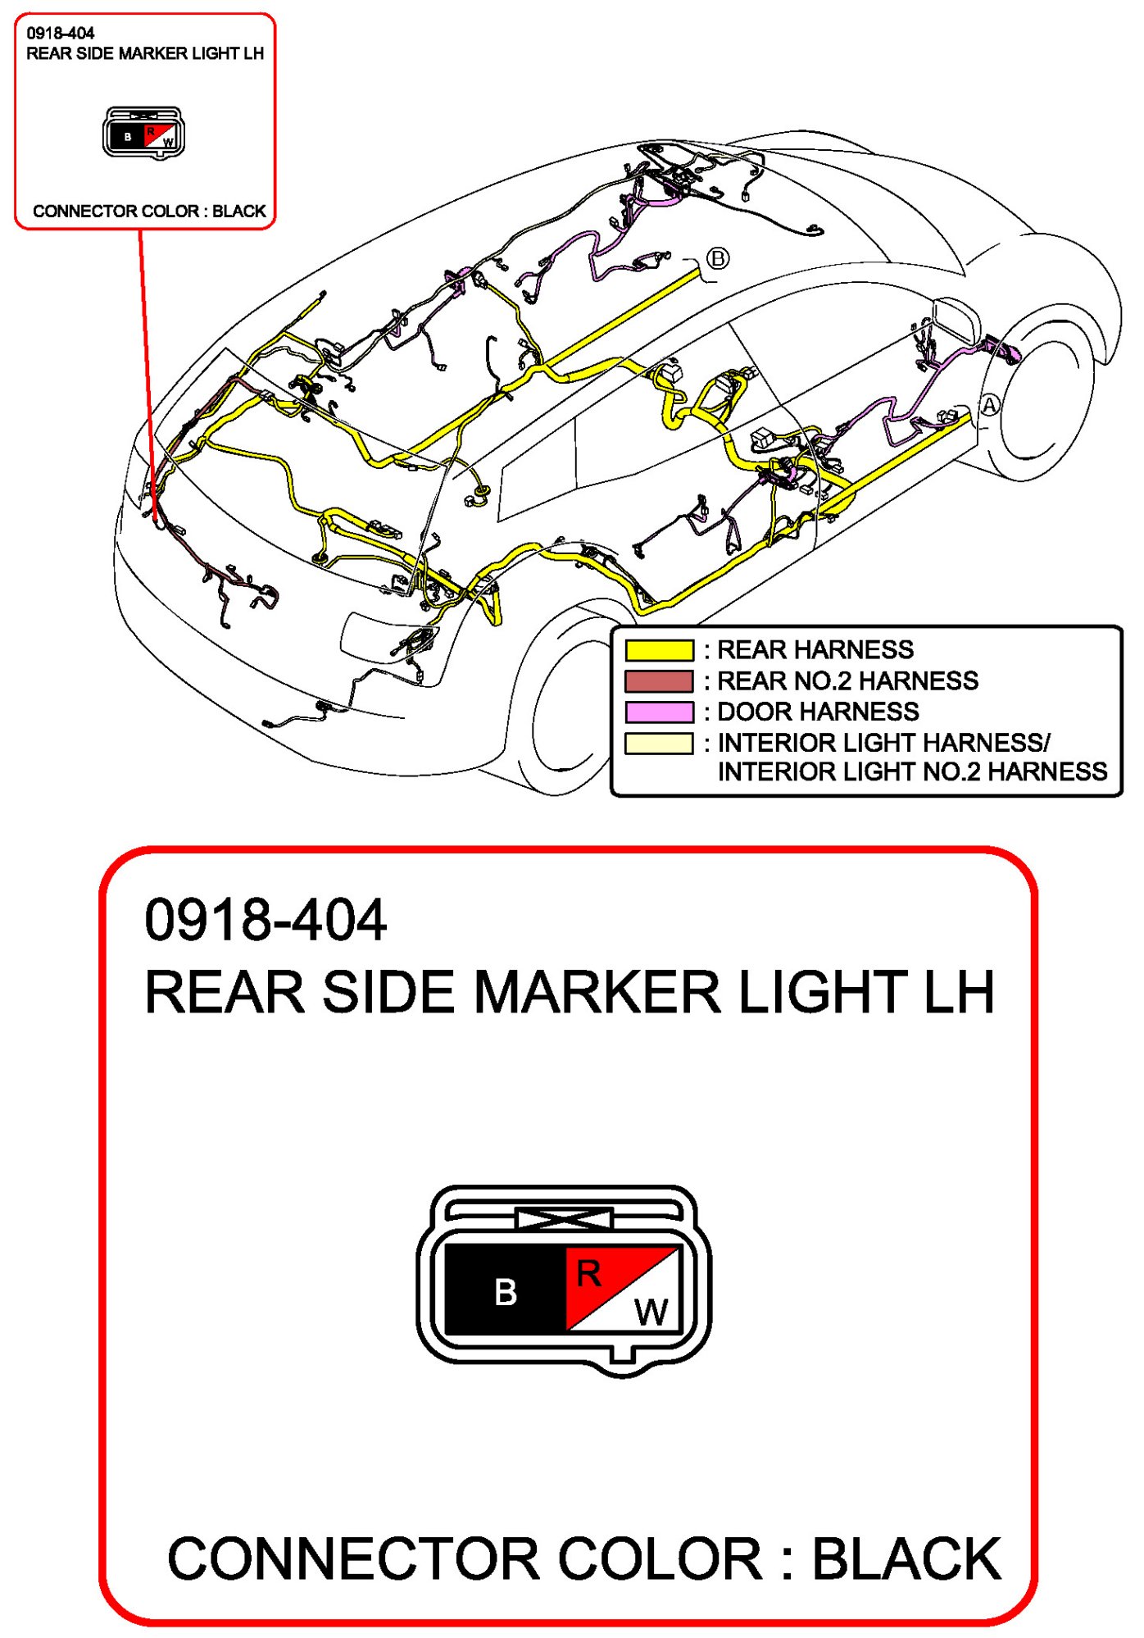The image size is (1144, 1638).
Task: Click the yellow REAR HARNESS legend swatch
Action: pos(659,650)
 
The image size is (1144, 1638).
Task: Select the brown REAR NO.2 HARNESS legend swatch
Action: pos(659,680)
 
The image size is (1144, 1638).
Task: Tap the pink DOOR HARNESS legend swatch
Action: pos(659,712)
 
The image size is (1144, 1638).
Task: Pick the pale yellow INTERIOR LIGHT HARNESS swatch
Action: pos(659,743)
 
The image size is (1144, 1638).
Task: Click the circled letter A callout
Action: pos(990,406)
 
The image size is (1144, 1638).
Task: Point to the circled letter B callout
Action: pos(718,259)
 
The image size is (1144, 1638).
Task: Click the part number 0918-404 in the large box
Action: pos(265,920)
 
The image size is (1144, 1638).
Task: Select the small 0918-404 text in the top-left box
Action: pos(61,34)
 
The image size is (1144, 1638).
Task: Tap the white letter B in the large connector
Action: pos(506,1293)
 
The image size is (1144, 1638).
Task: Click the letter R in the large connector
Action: pos(588,1273)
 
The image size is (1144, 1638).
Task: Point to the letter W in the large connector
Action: pos(651,1313)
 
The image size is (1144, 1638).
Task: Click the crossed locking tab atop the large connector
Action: pos(565,1219)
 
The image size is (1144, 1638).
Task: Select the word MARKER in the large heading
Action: pos(597,992)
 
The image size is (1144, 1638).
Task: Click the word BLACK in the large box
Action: pos(906,1558)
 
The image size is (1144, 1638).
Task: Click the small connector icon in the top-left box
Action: pos(143,133)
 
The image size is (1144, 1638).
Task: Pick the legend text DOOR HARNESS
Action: pos(818,712)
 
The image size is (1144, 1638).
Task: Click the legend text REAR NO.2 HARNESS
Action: pos(847,680)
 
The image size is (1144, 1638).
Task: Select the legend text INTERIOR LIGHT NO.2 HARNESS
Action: pos(912,771)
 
